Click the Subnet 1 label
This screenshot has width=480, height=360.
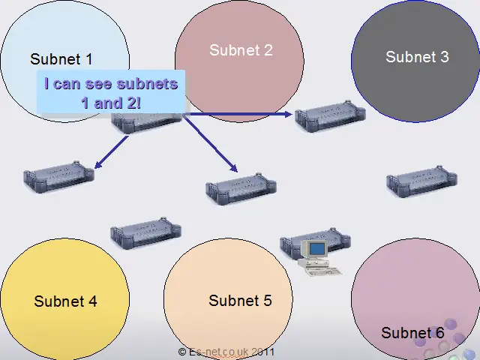pos(61,58)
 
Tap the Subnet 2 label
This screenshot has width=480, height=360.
pos(241,50)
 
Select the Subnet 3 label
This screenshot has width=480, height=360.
pos(417,57)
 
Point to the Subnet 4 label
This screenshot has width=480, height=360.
pos(65,301)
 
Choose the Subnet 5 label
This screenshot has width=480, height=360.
pos(240,301)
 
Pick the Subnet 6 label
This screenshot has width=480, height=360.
pos(412,333)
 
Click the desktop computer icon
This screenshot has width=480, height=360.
pos(320,258)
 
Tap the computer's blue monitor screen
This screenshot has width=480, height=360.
pos(316,248)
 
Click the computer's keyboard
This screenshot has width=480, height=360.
pos(325,271)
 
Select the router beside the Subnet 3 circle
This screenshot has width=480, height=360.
pos(330,116)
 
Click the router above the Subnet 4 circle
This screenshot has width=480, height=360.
pos(145,233)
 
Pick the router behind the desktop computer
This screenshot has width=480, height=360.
pos(315,243)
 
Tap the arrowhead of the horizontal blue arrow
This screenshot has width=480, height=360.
pos(288,115)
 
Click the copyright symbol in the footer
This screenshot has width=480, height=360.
pos(182,352)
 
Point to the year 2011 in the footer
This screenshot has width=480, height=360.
pos(263,352)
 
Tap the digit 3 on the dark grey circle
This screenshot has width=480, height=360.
pos(445,57)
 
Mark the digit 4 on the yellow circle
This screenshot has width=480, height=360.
pos(92,301)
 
